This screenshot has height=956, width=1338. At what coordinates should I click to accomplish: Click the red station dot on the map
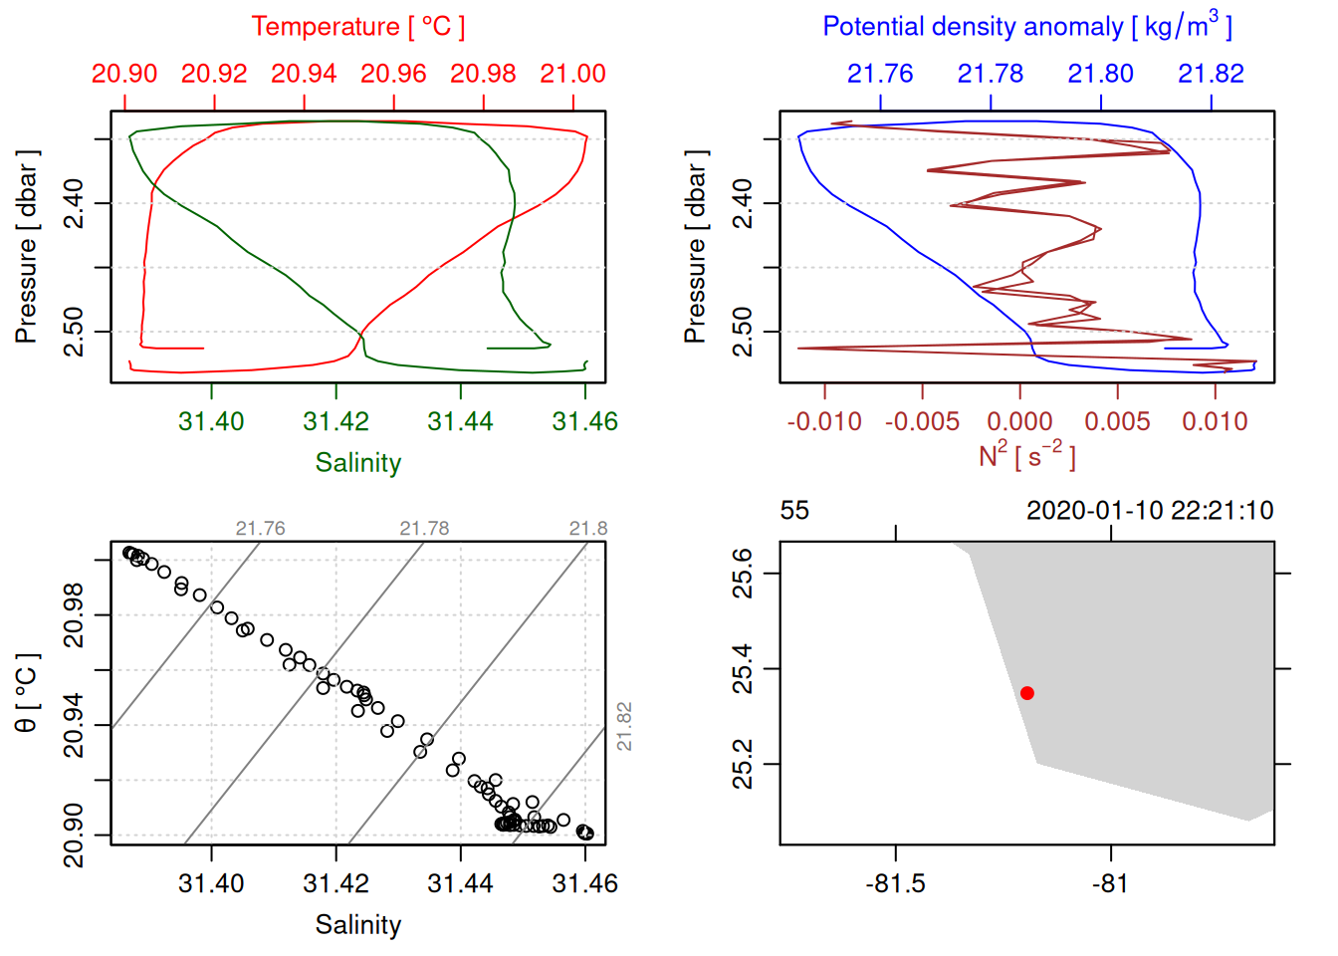click(1027, 693)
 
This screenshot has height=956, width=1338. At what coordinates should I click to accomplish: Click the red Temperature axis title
click(357, 27)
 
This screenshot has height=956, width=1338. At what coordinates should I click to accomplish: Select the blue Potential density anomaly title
click(1026, 27)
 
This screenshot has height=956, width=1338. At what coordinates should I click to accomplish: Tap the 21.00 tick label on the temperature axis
click(572, 74)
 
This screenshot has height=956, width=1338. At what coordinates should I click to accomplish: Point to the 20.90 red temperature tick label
click(124, 74)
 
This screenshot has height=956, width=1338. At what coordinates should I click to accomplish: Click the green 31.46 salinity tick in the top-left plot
click(584, 421)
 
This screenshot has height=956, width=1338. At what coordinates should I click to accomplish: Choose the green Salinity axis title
click(357, 463)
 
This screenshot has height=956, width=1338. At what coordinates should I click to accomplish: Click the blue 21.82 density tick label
click(1211, 74)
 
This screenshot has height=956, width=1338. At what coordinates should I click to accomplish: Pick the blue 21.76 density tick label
click(880, 74)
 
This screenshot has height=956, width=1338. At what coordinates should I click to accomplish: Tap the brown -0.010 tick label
click(824, 421)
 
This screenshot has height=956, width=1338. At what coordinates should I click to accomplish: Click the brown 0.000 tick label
click(1019, 421)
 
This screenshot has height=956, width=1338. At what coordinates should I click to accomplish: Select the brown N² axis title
click(1026, 456)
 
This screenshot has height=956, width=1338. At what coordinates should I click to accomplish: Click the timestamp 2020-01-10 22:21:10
click(1150, 511)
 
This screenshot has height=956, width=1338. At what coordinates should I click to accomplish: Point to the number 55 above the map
click(794, 511)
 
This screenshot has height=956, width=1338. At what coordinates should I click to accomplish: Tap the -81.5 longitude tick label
click(895, 883)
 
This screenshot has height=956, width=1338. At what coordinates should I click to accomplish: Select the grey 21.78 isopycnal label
click(424, 529)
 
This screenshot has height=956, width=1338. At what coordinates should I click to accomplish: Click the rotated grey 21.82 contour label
click(624, 726)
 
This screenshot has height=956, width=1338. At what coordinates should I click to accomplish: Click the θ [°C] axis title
click(27, 693)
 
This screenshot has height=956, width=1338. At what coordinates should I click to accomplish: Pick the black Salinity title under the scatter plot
click(357, 925)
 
